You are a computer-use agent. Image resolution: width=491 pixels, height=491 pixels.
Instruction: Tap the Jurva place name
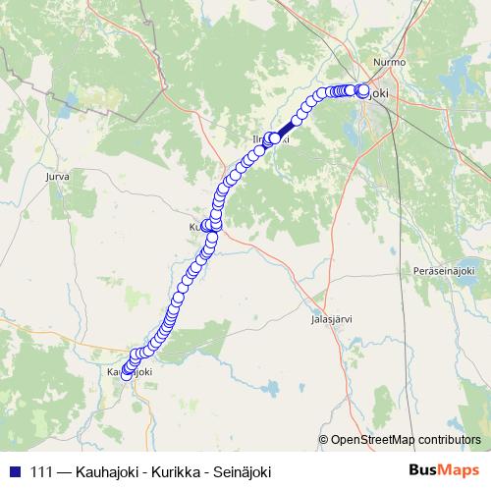point(58,178)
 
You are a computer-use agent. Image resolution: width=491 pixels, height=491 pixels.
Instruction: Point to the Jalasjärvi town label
point(331,319)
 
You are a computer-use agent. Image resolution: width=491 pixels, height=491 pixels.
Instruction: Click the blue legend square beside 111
point(14,470)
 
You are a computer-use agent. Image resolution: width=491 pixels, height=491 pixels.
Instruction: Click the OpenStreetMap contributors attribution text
point(405,440)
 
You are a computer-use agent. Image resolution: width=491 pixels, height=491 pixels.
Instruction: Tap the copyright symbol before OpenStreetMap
point(323,440)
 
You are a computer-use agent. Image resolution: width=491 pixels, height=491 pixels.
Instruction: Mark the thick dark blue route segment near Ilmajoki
point(286,130)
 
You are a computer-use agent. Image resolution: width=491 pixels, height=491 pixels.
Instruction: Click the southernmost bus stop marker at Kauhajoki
point(127,373)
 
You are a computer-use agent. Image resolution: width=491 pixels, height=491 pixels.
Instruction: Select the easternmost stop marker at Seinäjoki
point(364,91)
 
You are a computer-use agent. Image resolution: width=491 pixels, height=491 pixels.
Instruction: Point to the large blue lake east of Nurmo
point(458,79)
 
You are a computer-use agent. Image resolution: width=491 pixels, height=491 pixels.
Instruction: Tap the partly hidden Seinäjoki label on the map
point(379,94)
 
